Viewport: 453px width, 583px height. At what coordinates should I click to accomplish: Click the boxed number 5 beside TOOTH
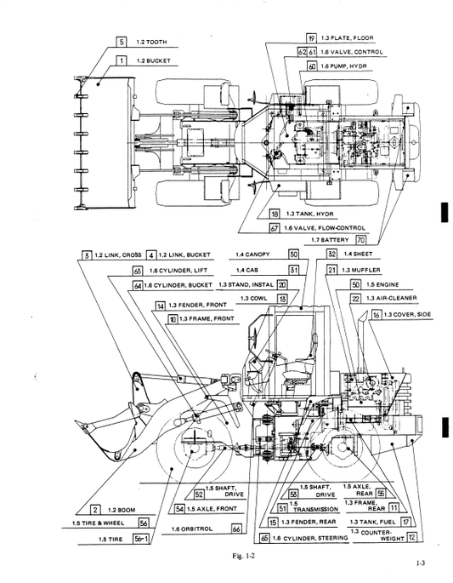122,42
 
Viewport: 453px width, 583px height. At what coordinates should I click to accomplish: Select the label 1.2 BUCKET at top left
154,60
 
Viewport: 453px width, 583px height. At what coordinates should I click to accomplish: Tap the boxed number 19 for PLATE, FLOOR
311,38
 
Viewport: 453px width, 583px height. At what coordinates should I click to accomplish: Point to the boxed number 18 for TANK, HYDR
275,214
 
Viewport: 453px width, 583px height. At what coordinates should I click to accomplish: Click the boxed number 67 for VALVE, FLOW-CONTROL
275,227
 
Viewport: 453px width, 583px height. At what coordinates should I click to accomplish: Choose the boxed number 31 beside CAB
293,270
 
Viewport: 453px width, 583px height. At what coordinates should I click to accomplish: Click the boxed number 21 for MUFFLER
331,270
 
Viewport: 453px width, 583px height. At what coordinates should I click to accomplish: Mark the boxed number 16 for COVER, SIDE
374,315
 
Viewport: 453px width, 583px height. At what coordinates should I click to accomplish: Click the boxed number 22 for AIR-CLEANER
355,299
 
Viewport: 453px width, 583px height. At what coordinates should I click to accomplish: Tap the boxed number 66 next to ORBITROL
237,529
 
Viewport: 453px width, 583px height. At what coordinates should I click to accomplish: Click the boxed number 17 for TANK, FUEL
406,522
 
